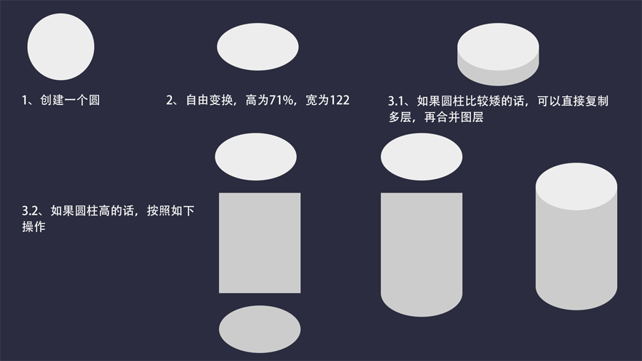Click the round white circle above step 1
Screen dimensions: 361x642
61,48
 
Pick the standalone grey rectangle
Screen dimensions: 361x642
260,243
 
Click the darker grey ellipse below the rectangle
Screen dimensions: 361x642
260,329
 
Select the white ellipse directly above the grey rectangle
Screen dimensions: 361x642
255,157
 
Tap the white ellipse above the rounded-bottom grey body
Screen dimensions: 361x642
422,157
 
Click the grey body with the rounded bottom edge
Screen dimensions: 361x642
422,250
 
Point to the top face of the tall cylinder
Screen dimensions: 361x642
576,185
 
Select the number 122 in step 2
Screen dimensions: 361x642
340,101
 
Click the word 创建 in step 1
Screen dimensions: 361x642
51,101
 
